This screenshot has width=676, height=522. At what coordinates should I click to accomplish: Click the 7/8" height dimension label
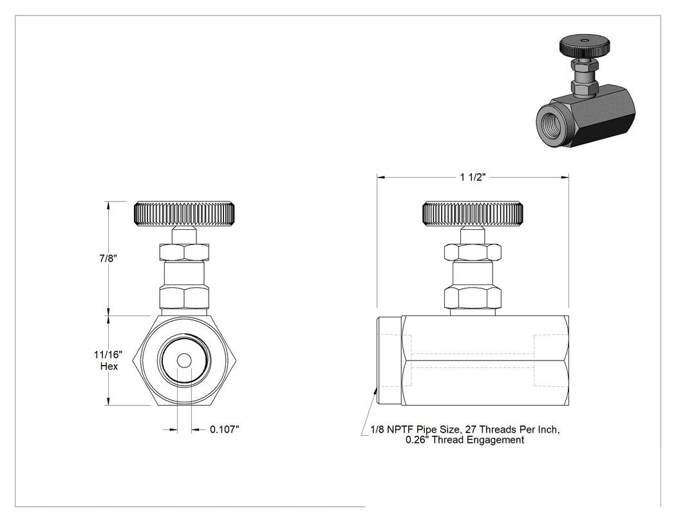108,258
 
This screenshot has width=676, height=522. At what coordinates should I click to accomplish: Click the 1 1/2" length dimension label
473,177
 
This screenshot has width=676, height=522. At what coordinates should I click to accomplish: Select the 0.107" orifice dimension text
224,429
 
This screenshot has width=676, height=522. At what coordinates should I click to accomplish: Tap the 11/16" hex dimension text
108,355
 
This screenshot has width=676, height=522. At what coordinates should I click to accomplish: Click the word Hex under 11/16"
109,366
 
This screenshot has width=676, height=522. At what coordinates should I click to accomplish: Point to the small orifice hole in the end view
184,361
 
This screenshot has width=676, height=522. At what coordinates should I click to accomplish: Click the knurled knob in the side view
473,214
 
